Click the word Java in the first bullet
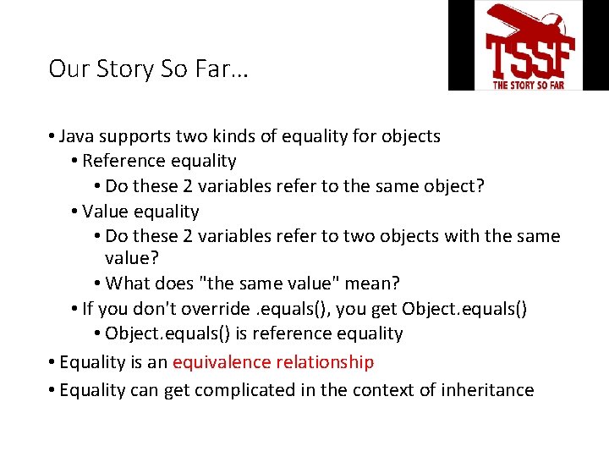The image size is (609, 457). pyautogui.click(x=78, y=136)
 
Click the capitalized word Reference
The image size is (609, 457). pyautogui.click(x=123, y=161)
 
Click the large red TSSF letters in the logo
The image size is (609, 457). pyautogui.click(x=529, y=55)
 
